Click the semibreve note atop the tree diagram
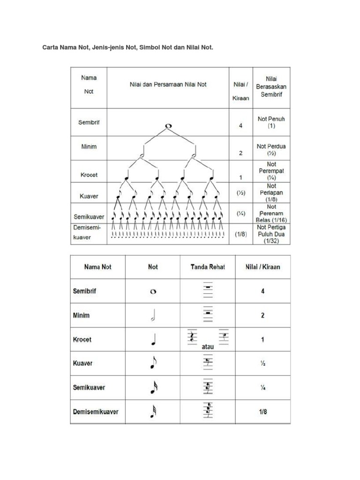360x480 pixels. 169,126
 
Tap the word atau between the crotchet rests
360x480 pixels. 208,347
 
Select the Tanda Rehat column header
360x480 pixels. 208,267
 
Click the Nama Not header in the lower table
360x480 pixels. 97,267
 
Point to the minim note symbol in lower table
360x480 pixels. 152,316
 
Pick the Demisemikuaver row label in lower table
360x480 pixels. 96,412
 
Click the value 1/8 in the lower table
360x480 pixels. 262,412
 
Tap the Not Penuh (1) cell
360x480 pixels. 271,122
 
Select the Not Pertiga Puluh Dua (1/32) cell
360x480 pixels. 271,234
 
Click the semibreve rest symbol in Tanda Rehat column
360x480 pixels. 208,291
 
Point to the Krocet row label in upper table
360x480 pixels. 88,174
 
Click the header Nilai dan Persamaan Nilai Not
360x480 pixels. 168,85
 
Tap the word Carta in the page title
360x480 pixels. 52,48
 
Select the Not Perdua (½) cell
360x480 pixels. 271,150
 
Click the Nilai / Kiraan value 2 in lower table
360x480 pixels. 262,315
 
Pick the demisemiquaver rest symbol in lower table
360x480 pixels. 208,411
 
